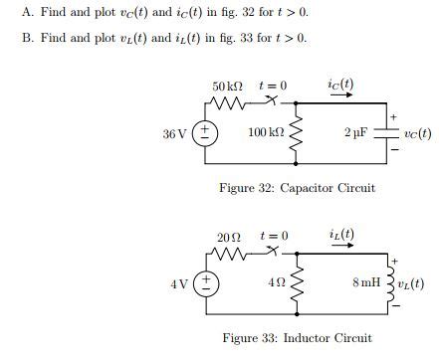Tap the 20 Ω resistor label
(x=229, y=238)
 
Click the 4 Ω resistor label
(x=279, y=283)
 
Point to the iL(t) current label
(x=340, y=237)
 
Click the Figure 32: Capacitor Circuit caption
(x=297, y=188)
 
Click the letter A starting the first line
(x=25, y=12)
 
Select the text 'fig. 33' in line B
(x=224, y=38)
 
